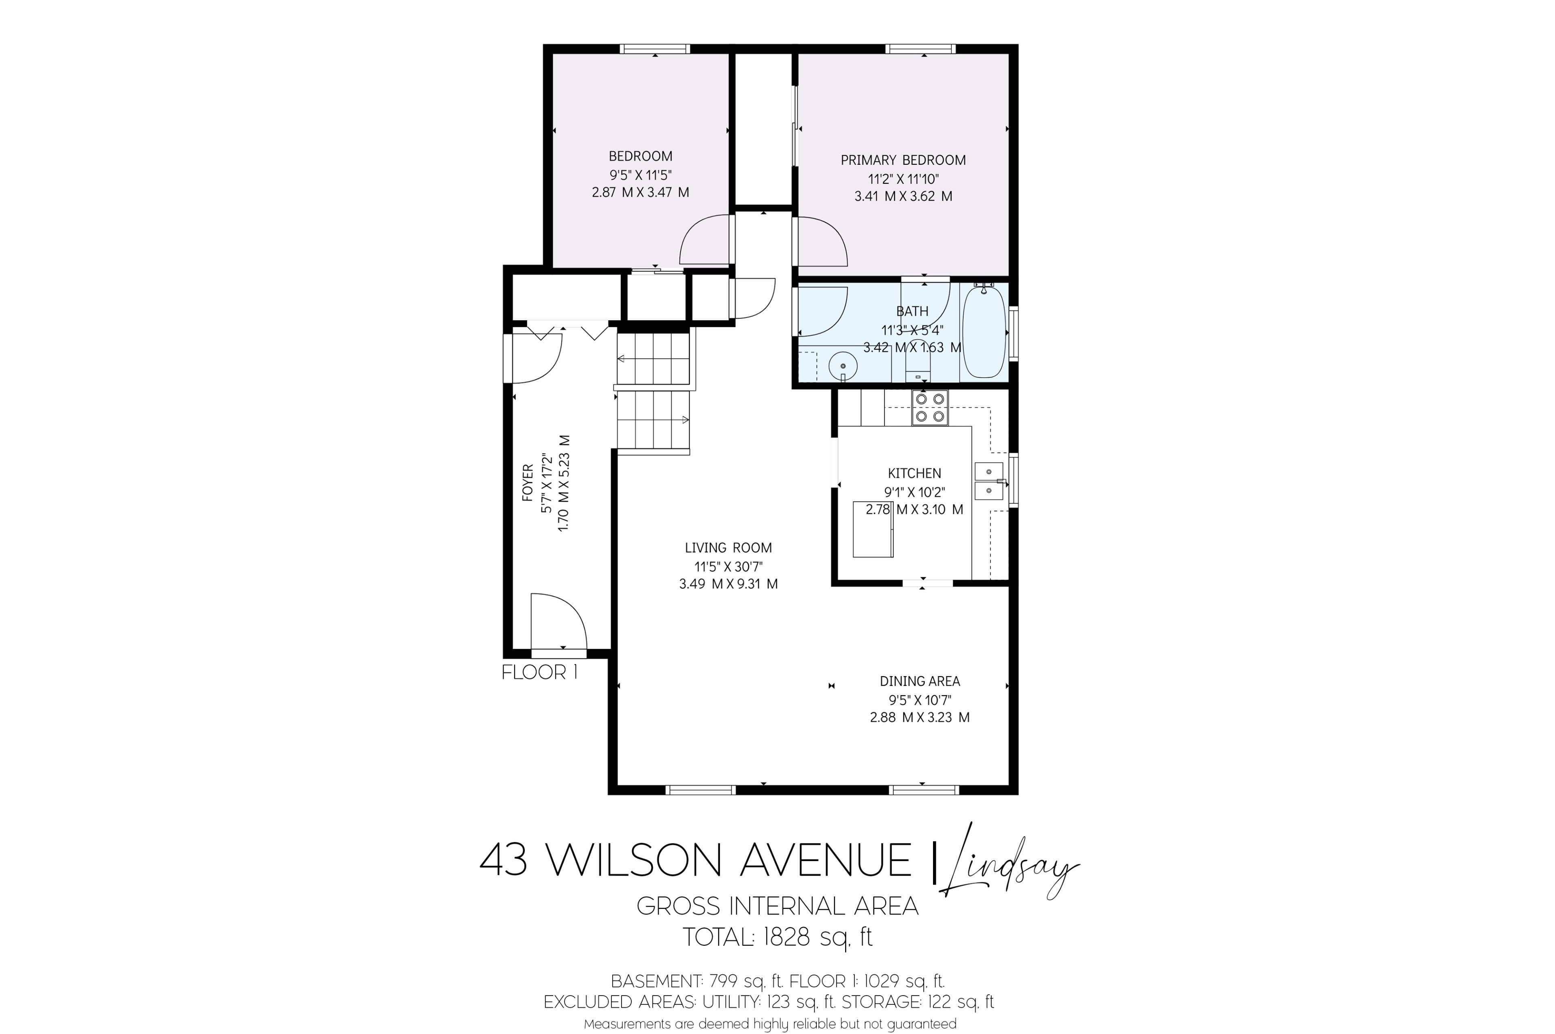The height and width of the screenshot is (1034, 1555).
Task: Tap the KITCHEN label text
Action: tap(914, 473)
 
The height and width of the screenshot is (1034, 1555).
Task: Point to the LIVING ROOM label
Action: tap(728, 547)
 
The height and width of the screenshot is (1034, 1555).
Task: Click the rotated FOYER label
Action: tap(528, 483)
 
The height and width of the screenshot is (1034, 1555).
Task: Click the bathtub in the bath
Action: tap(984, 332)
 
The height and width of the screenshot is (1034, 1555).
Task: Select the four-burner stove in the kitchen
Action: tap(930, 408)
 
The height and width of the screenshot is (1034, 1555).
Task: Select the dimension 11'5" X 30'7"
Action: tap(728, 566)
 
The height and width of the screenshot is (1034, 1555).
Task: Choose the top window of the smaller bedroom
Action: tap(655, 49)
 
